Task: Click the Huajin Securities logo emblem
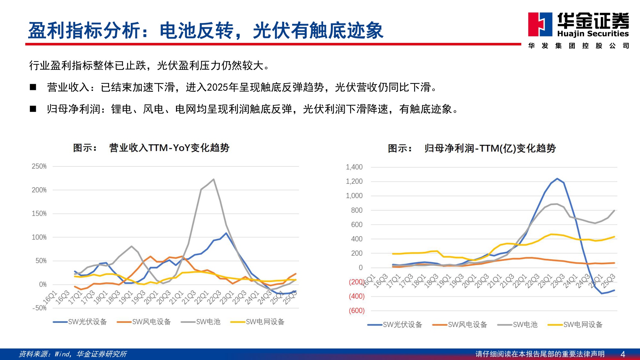pos(540,24)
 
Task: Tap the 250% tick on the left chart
pos(39,166)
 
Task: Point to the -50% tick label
pos(39,308)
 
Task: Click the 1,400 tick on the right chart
pos(354,167)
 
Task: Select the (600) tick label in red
pos(356,311)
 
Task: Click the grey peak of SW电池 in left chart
pos(213,180)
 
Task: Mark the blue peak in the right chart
pos(557,179)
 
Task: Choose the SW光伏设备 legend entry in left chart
pos(80,322)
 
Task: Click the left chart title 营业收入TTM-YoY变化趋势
pos(169,148)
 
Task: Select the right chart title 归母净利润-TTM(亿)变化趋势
pos(490,148)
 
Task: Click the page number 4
pos(623,354)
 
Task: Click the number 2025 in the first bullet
pos(217,87)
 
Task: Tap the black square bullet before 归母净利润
pos(33,109)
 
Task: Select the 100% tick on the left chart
pos(39,237)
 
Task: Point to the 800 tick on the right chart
pos(356,211)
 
